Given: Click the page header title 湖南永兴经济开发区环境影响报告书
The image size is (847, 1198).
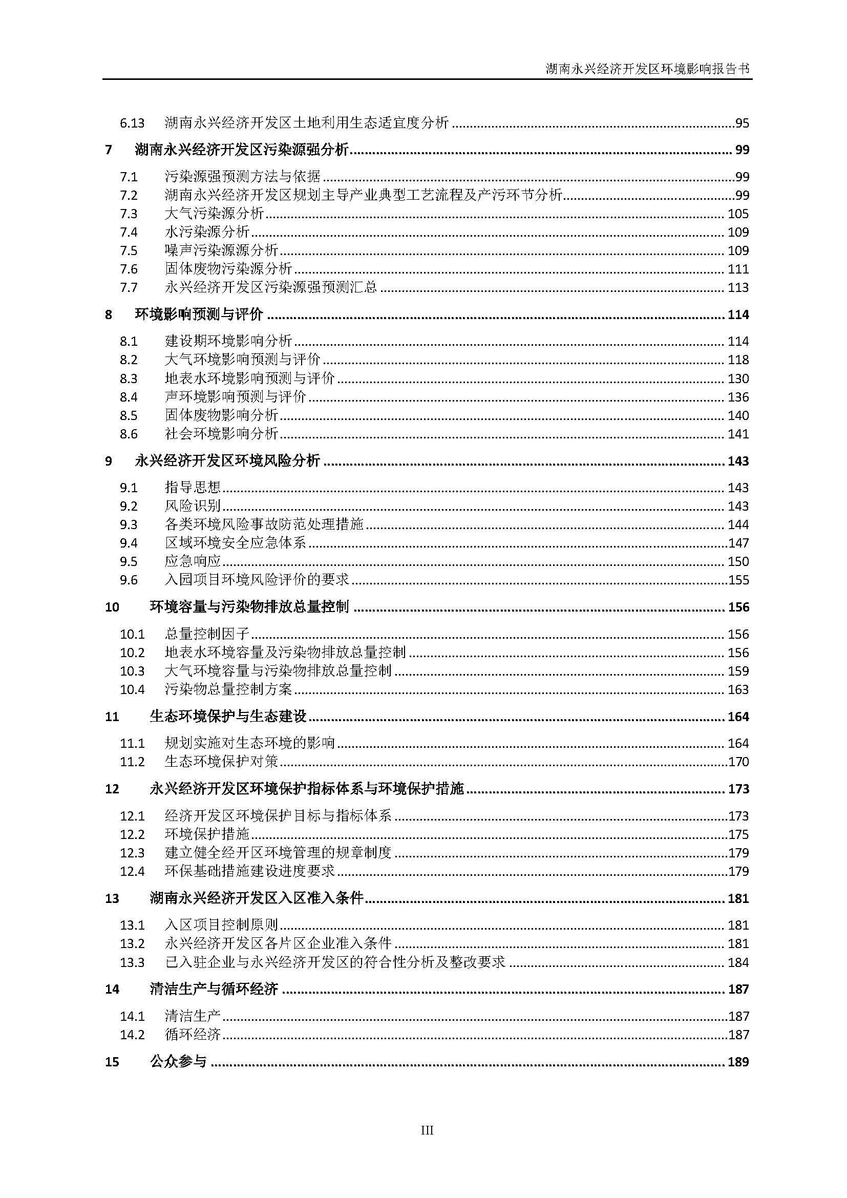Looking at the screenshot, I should pyautogui.click(x=648, y=69).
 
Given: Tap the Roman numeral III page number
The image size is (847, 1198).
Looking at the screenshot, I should pyautogui.click(x=427, y=1130).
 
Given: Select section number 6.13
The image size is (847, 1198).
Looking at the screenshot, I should pyautogui.click(x=132, y=123).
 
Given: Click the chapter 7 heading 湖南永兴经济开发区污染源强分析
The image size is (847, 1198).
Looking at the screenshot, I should pyautogui.click(x=242, y=150).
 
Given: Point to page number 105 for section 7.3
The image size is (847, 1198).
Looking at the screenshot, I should pyautogui.click(x=738, y=214).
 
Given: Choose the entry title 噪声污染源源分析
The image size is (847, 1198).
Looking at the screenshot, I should pyautogui.click(x=221, y=250).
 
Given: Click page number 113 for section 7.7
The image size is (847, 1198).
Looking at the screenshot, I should pyautogui.click(x=738, y=287).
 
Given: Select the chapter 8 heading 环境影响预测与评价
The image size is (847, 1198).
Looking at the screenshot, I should pyautogui.click(x=199, y=314).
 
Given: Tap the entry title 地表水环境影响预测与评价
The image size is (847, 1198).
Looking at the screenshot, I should pyautogui.click(x=249, y=379).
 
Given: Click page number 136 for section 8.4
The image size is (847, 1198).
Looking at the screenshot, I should pyautogui.click(x=738, y=397).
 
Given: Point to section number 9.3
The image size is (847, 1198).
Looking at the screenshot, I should pyautogui.click(x=129, y=525).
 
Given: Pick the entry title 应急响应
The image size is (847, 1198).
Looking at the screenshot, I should pyautogui.click(x=193, y=561).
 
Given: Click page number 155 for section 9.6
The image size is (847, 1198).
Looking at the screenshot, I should pyautogui.click(x=738, y=580).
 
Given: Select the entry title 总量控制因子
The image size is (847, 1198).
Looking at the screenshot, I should pyautogui.click(x=207, y=635).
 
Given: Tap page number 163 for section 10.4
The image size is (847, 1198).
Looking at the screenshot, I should pyautogui.click(x=738, y=690).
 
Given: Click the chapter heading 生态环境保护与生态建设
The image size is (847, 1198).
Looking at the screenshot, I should pyautogui.click(x=228, y=717).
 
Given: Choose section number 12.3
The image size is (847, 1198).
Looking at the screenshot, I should pyautogui.click(x=132, y=853).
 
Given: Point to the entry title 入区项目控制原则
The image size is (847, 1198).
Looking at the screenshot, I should pyautogui.click(x=221, y=925).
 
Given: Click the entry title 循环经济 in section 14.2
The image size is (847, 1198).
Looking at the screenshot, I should pyautogui.click(x=193, y=1035).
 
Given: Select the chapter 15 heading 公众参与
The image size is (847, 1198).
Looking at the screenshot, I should pyautogui.click(x=178, y=1062).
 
